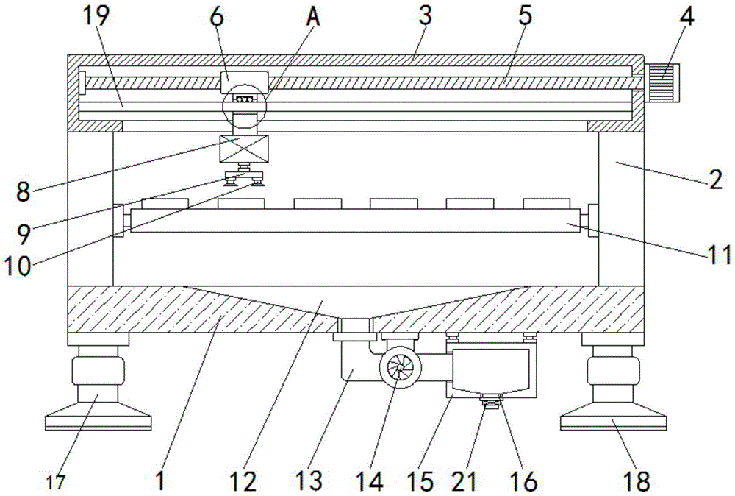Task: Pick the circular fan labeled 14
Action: click(x=398, y=366)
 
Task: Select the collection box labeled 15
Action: click(x=491, y=372)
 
